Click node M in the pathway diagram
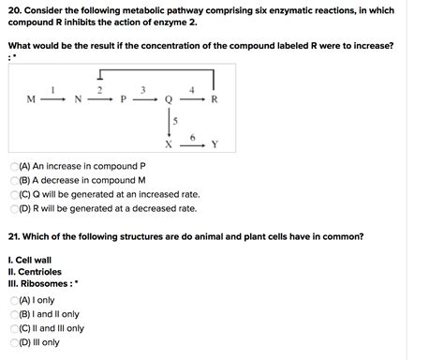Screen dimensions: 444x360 31,98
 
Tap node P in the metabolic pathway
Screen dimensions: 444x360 123,98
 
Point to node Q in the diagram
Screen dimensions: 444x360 169,98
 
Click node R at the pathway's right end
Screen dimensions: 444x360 215,98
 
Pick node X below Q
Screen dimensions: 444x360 169,145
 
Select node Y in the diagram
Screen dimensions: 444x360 215,145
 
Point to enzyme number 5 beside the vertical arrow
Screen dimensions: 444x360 175,122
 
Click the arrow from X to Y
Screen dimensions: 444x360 191,146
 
